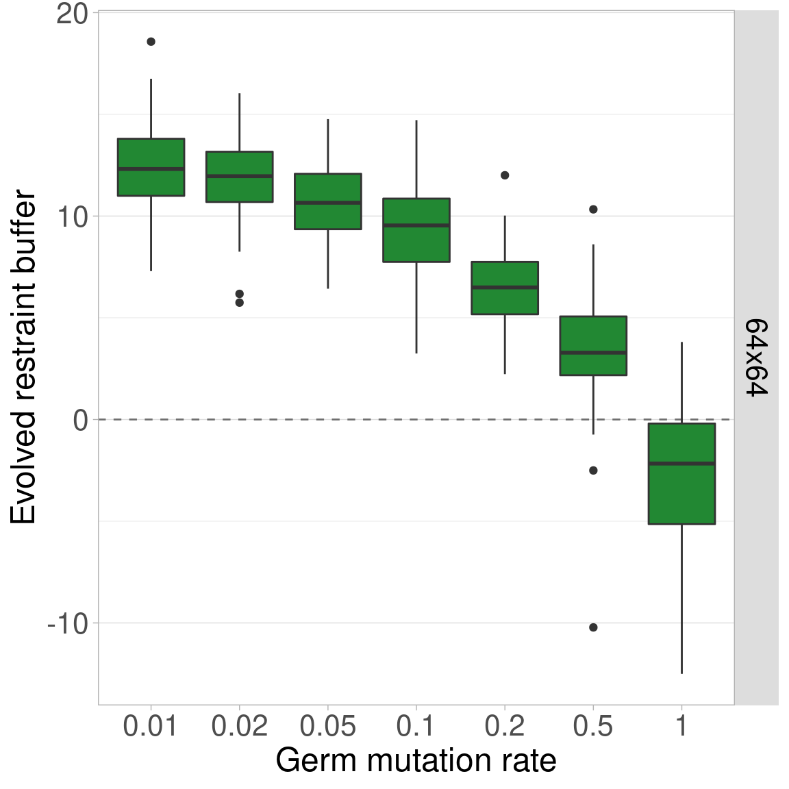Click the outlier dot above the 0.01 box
pyautogui.click(x=151, y=42)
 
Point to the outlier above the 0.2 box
pyautogui.click(x=505, y=175)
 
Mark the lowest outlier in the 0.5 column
pyautogui.click(x=593, y=627)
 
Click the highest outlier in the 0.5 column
pyautogui.click(x=593, y=210)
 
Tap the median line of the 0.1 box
pyautogui.click(x=416, y=225)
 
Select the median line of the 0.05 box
pyautogui.click(x=328, y=203)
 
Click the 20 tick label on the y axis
pyautogui.click(x=72, y=14)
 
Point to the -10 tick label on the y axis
pyautogui.click(x=68, y=624)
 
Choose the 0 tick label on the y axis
pyautogui.click(x=81, y=420)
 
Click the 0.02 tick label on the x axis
pyautogui.click(x=239, y=727)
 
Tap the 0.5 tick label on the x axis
pyautogui.click(x=593, y=727)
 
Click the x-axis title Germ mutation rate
pyautogui.click(x=416, y=761)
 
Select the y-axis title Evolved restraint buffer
pyautogui.click(x=23, y=358)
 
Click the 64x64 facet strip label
pyautogui.click(x=756, y=358)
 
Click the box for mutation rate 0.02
pyautogui.click(x=239, y=177)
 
